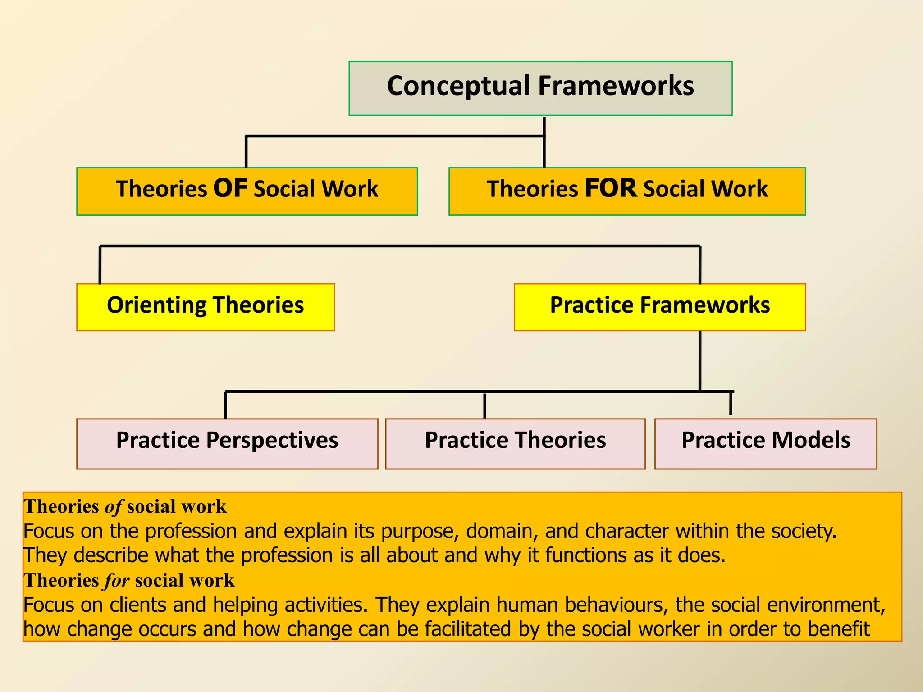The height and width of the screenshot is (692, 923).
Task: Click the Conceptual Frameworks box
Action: coord(540,88)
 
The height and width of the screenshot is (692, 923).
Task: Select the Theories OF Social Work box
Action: coord(247,191)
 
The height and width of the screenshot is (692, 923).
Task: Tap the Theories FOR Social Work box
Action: coord(627,191)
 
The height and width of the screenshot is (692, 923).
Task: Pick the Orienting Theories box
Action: coord(206,307)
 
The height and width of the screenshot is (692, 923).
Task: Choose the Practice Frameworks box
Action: coord(660,307)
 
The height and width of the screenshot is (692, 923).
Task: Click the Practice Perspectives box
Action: coord(227,443)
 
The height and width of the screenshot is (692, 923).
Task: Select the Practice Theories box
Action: coord(515,443)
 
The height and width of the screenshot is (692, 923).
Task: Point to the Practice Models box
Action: coord(766,443)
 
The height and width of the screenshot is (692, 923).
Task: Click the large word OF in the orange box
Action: coord(230,188)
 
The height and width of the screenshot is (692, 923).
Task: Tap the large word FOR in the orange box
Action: coord(611,188)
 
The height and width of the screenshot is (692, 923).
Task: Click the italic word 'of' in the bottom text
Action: coord(113,507)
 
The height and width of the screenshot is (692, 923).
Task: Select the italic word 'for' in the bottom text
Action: coord(117,581)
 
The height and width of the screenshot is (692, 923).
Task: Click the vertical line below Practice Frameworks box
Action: coord(700,360)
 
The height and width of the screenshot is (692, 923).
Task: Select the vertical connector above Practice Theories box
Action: coord(484,405)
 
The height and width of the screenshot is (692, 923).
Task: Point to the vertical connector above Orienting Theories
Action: coord(100,265)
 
